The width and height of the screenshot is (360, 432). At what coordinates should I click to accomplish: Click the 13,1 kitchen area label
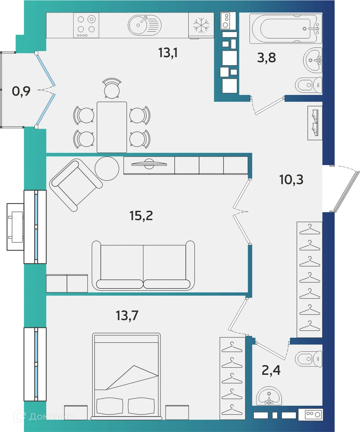(x=168, y=53)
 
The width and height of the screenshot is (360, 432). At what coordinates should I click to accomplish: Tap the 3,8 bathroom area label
(x=266, y=57)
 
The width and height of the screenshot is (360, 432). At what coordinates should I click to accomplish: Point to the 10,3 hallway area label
(x=291, y=179)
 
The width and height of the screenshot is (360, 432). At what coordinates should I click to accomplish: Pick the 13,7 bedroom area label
(x=127, y=315)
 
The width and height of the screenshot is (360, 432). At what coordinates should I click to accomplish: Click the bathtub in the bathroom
(x=285, y=28)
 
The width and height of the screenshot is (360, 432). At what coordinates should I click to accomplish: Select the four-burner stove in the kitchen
(x=86, y=25)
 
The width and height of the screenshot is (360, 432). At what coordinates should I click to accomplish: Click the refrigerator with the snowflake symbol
(x=201, y=25)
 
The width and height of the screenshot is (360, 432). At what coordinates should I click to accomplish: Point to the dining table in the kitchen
(x=112, y=127)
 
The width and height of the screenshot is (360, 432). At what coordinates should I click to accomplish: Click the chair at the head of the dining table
(x=112, y=88)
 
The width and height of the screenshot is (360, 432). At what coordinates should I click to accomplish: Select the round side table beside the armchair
(x=107, y=168)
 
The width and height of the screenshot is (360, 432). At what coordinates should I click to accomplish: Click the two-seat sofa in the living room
(x=143, y=265)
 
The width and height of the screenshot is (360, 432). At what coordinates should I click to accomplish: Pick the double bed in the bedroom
(x=126, y=376)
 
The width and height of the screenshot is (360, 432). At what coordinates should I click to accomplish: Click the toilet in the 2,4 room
(x=308, y=358)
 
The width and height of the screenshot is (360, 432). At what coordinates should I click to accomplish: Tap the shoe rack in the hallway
(x=315, y=123)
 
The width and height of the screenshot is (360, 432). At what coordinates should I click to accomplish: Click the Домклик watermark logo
(x=43, y=417)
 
